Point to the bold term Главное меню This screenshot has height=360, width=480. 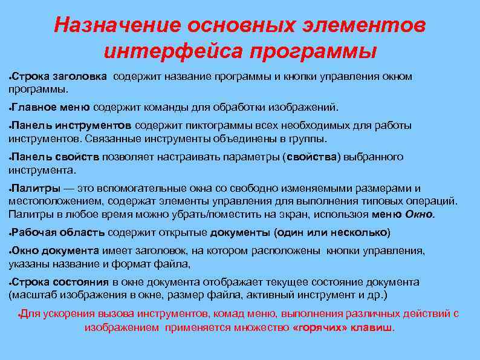[x=51, y=108]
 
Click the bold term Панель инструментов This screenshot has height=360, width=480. [x=71, y=126]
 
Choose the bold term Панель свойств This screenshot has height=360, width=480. [x=56, y=157]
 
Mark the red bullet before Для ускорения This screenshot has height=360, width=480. [x=20, y=315]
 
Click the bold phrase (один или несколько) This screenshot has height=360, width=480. [x=332, y=232]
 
